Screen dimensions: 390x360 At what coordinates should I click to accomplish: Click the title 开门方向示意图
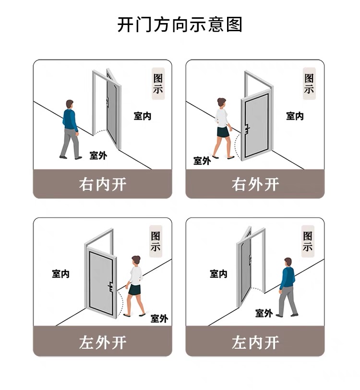point(180,24)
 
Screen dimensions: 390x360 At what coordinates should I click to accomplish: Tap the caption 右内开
point(102,184)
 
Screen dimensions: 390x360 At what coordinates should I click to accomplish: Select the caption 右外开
point(255,184)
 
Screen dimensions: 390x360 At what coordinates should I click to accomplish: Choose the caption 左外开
point(102,342)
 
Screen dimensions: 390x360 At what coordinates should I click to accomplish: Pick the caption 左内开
point(255,342)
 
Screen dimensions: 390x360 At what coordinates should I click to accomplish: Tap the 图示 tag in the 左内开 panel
point(308,242)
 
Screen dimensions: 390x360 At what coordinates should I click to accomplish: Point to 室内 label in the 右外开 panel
point(295,116)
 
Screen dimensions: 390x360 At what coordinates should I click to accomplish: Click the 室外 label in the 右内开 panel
point(98,155)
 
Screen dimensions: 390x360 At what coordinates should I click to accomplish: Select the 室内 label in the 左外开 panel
point(61,274)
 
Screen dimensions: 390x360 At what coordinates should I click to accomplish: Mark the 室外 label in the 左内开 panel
point(264,313)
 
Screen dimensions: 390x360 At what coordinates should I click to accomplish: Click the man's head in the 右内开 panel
point(70,104)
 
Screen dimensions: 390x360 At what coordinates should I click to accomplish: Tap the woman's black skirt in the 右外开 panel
point(222,133)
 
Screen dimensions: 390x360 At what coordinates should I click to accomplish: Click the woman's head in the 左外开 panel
point(136,261)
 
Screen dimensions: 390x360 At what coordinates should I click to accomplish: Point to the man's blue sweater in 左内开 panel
point(287,278)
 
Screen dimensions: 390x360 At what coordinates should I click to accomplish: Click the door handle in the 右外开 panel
point(247,129)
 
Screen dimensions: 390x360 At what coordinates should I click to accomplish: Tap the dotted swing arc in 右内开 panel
point(100,131)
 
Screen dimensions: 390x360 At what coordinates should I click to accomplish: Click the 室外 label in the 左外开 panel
point(159,318)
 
